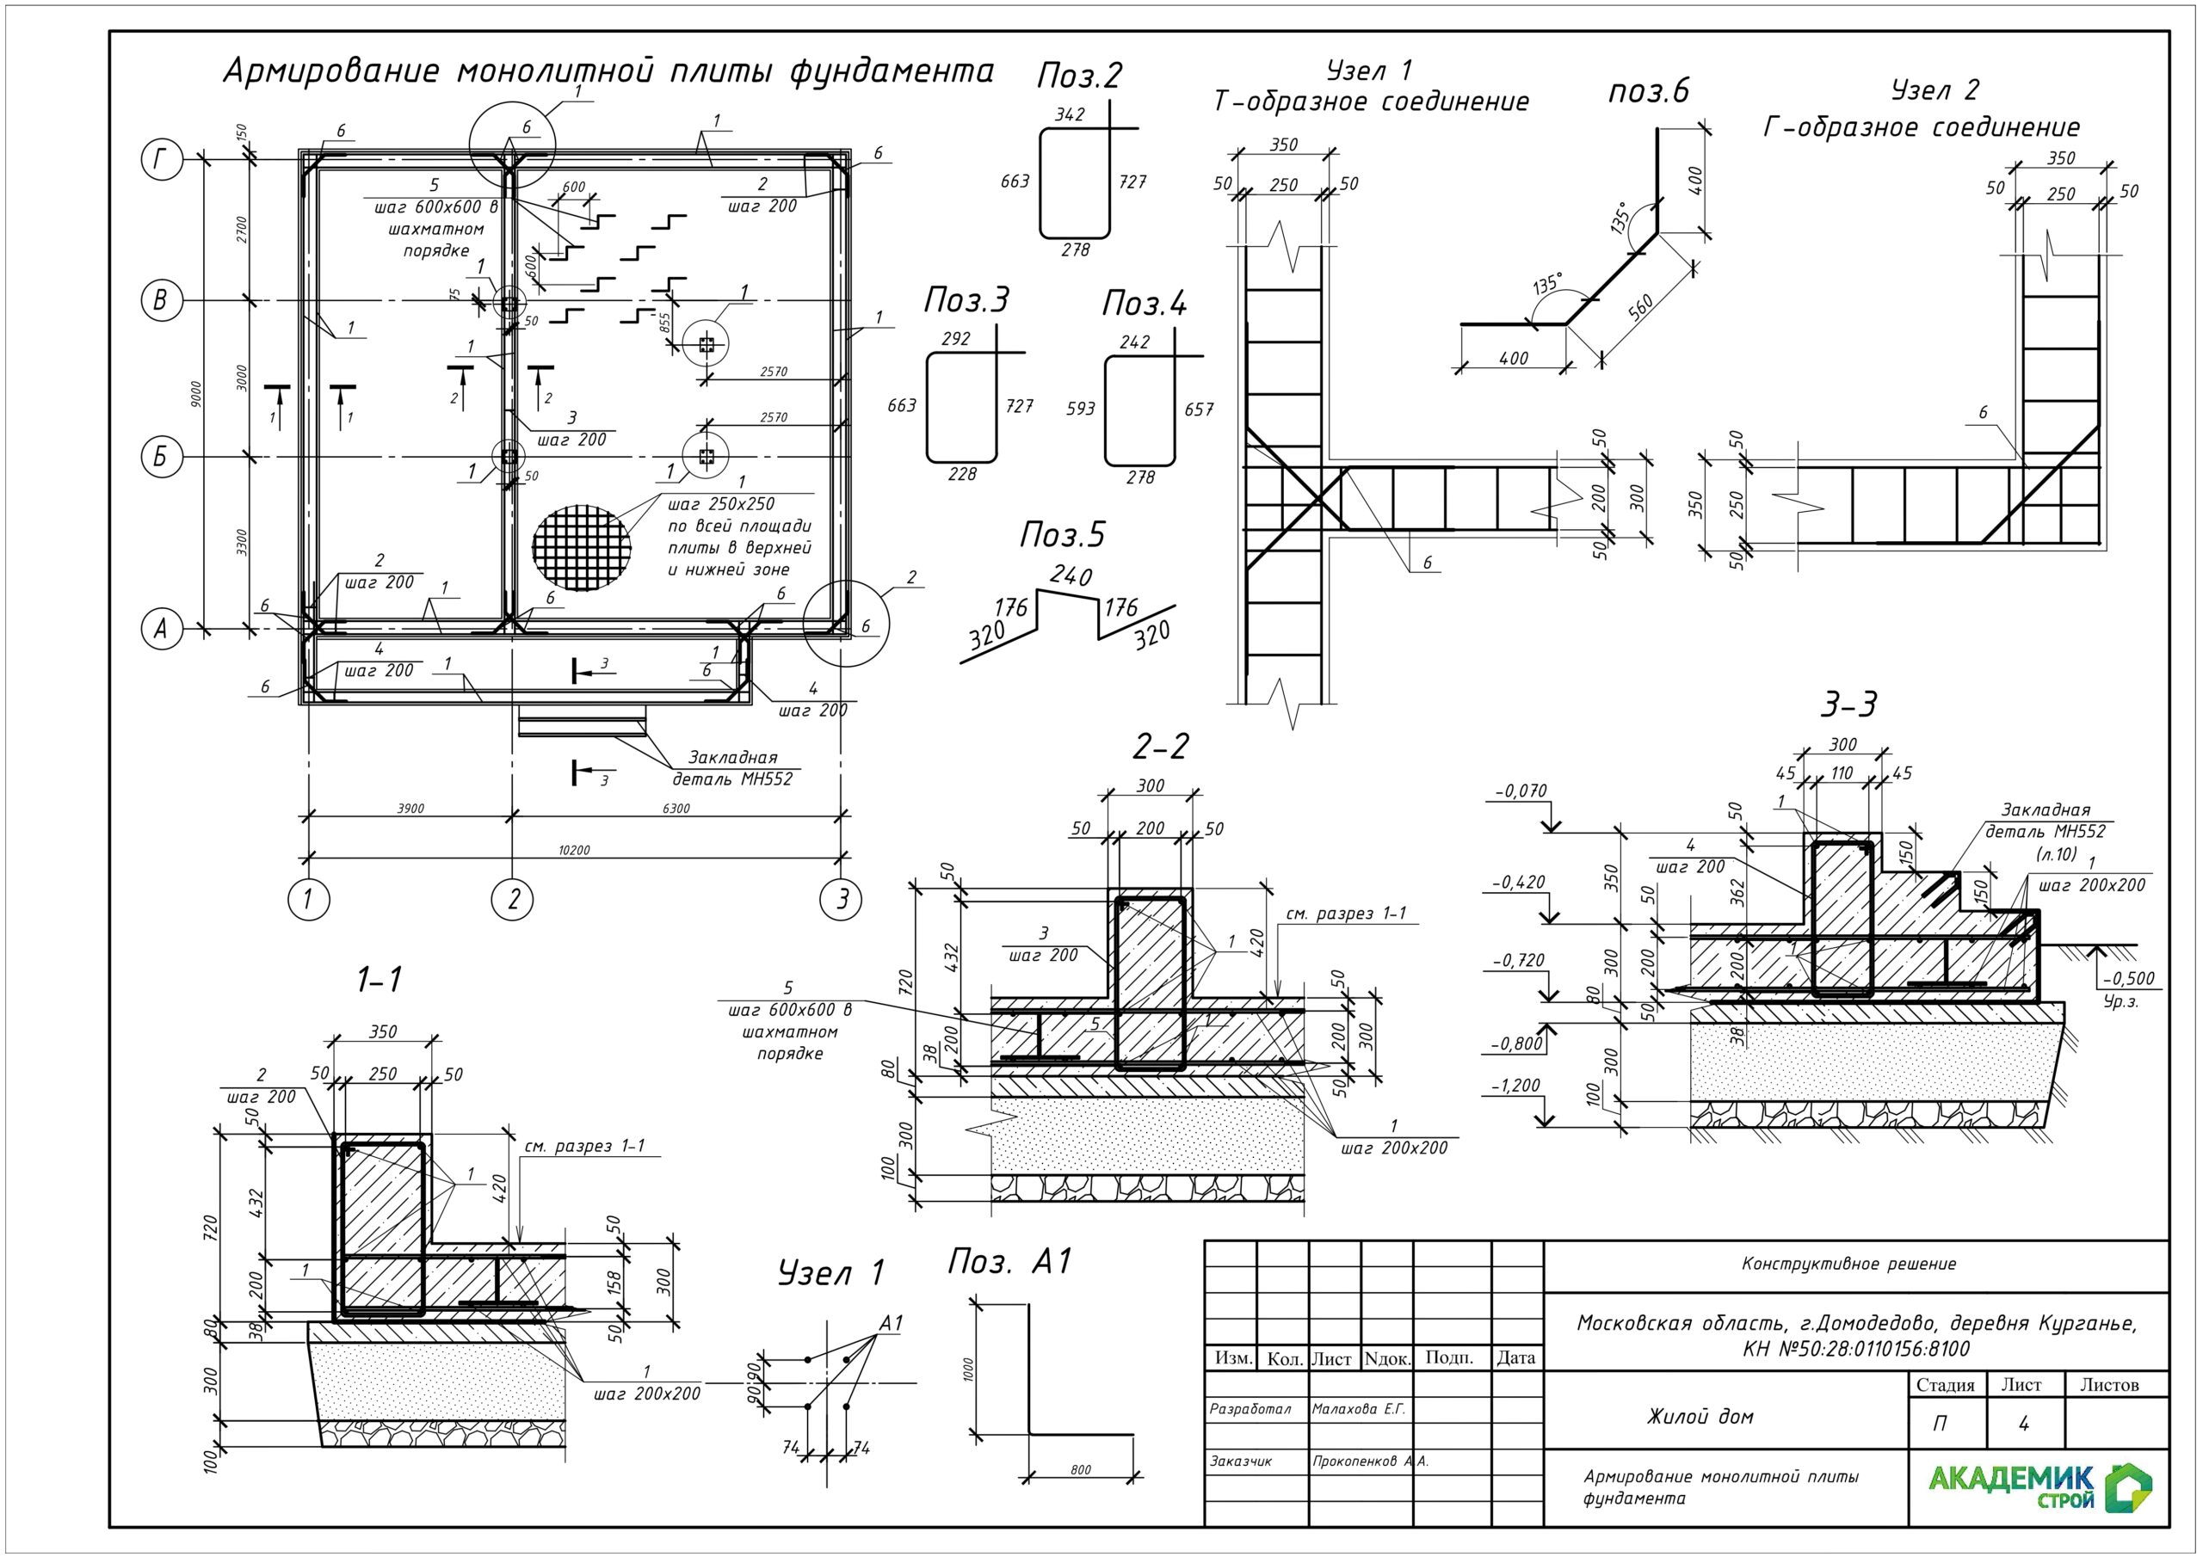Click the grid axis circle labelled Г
(161, 160)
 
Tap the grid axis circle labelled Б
(161, 457)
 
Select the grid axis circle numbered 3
(842, 900)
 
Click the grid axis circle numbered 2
(512, 900)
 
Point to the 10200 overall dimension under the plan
(574, 850)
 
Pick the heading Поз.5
(1062, 535)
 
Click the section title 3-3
(1848, 705)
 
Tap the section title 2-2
(1160, 746)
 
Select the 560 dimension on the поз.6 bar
(1641, 308)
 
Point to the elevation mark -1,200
(1515, 1086)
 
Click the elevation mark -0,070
(1521, 791)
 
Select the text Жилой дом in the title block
(1700, 1417)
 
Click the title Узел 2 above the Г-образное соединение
(1935, 90)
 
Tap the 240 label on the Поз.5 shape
(1070, 575)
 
